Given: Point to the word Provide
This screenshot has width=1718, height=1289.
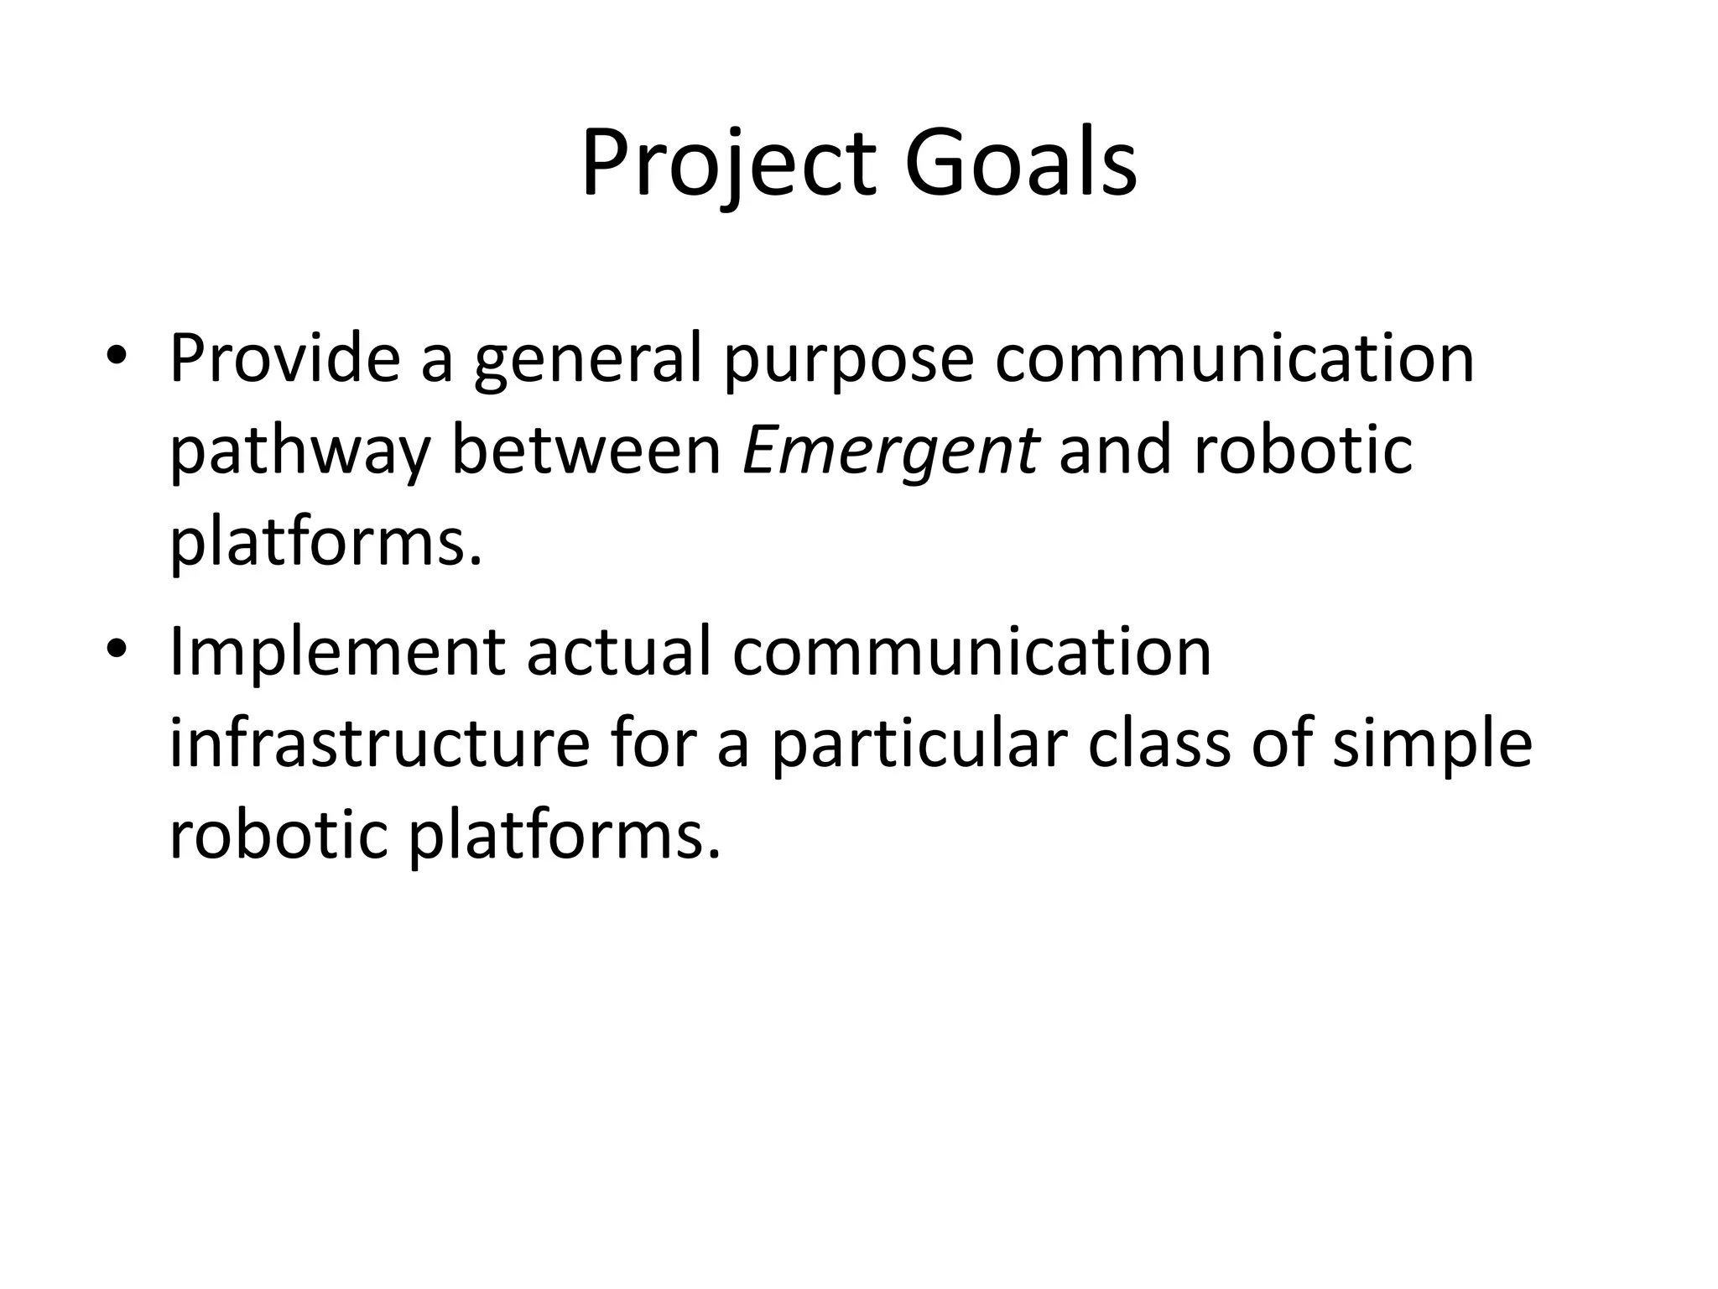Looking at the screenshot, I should [x=284, y=358].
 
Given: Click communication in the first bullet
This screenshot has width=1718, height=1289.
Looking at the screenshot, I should [x=1234, y=358].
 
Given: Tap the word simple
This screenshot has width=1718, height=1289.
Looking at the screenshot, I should [x=1432, y=745].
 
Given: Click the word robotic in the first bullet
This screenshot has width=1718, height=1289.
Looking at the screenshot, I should [x=1302, y=451].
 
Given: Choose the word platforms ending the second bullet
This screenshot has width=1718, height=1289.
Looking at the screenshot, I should [x=564, y=838].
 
